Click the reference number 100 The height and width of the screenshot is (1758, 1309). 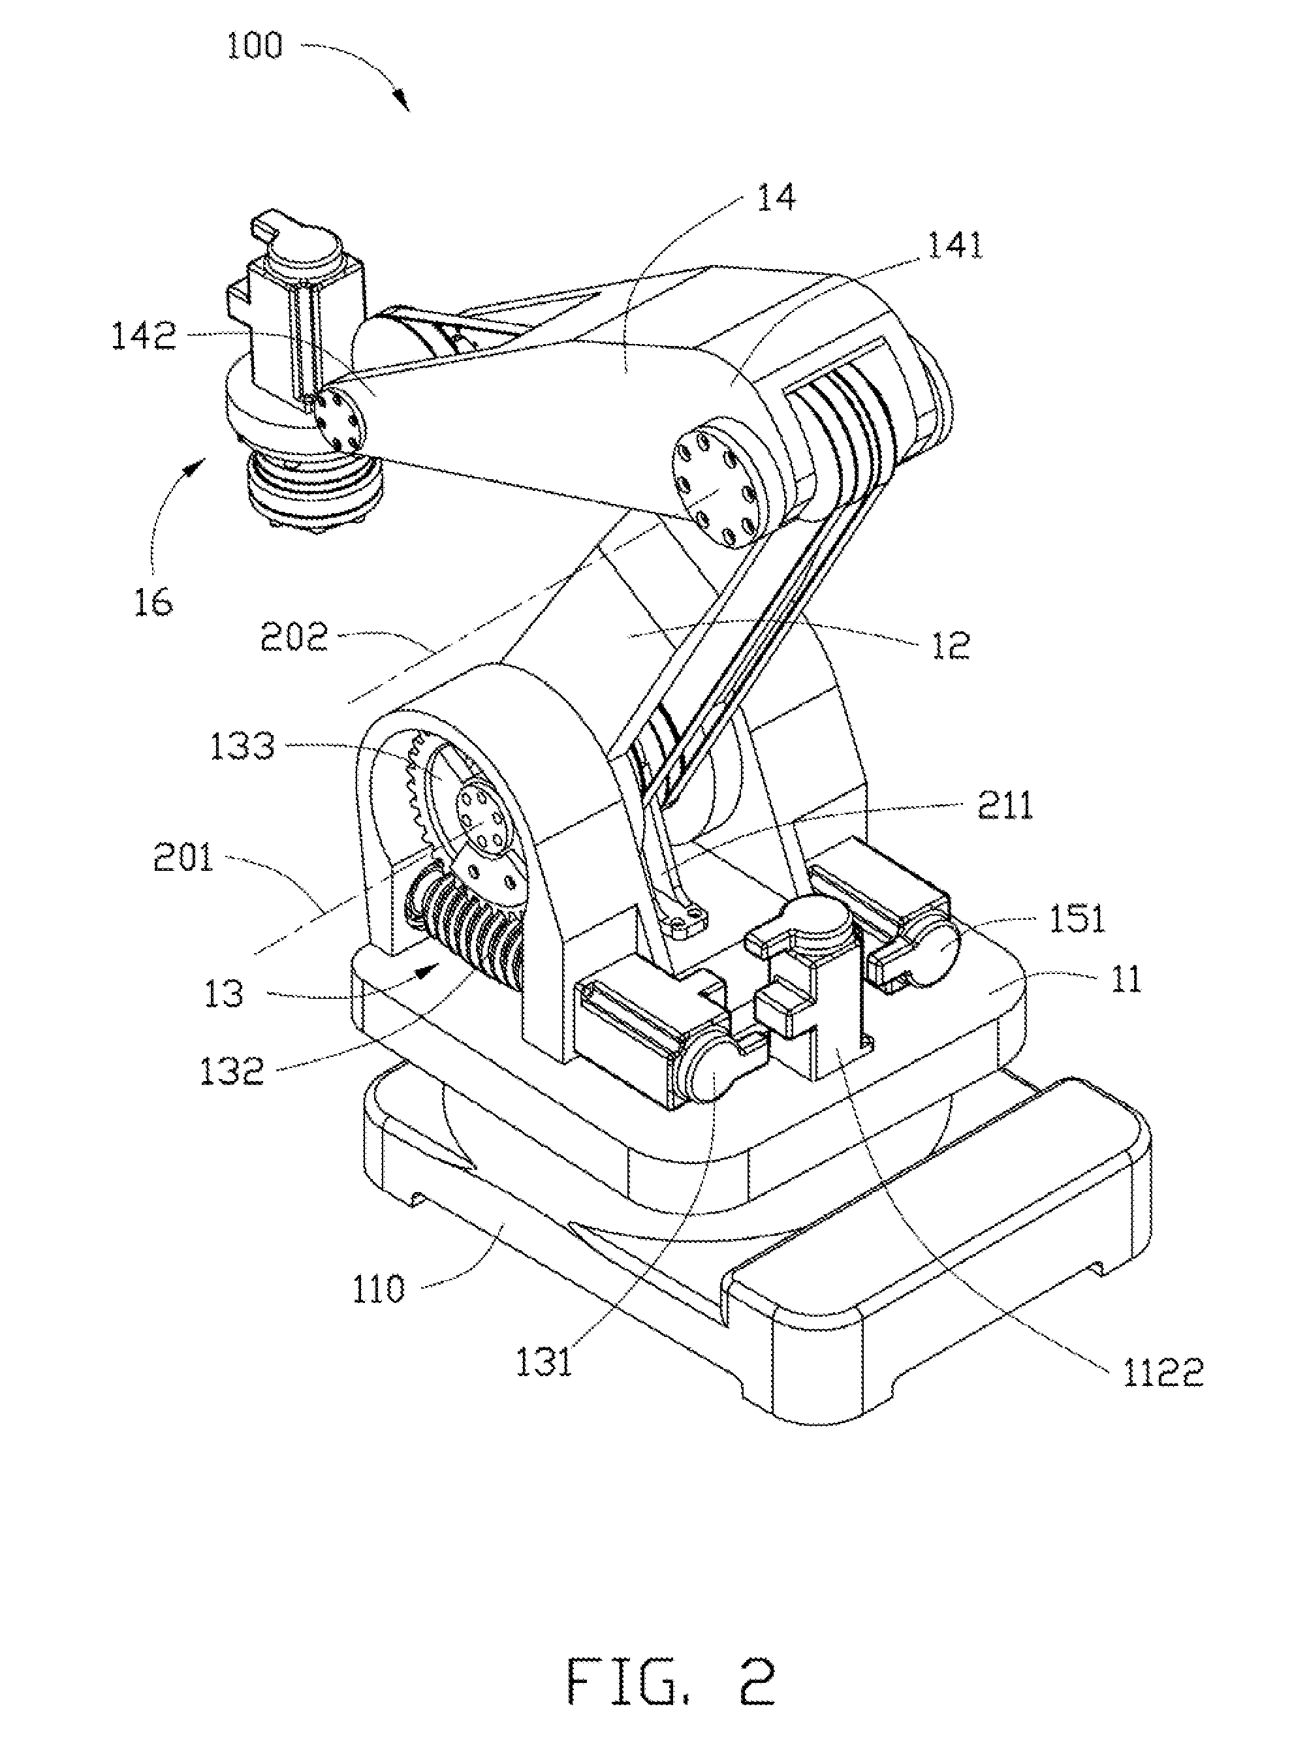pos(255,45)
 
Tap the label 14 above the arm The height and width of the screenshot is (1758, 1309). pos(776,196)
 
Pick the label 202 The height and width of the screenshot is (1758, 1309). pos(294,637)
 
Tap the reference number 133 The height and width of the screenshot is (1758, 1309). pos(242,746)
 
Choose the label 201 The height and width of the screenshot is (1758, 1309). pos(183,857)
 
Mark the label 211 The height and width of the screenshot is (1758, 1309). pos(1005,806)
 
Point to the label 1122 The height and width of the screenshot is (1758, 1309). pos(1162,1394)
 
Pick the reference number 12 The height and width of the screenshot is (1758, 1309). pos(951,646)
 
